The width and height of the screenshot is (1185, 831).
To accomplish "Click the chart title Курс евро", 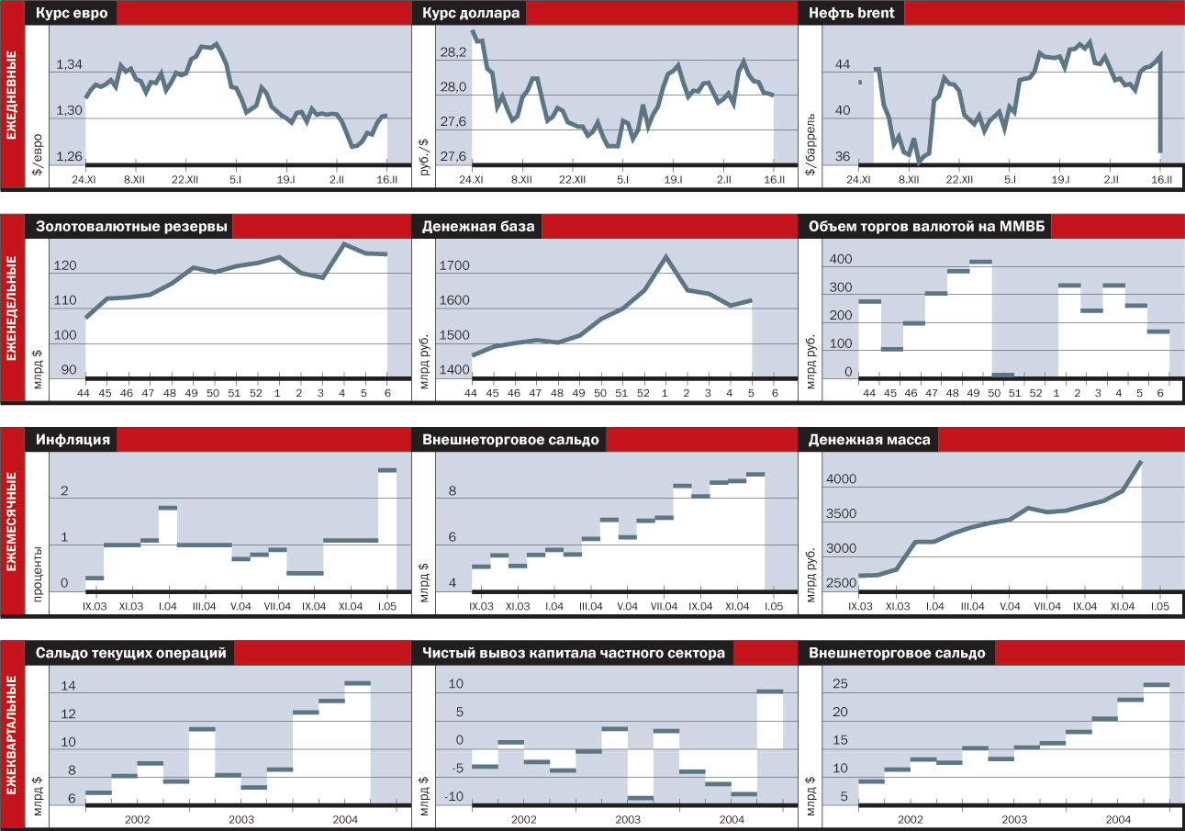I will click(72, 14).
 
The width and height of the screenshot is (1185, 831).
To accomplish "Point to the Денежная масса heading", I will click(868, 440).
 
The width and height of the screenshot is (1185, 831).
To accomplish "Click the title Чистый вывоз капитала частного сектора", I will click(573, 653).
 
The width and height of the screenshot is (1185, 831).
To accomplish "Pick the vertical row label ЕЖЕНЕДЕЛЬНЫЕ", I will click(12, 308).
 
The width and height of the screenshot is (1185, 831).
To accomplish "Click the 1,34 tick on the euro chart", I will click(70, 64).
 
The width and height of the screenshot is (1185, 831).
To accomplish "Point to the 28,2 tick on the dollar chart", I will click(453, 53).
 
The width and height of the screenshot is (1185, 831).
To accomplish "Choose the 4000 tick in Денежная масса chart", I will click(842, 479).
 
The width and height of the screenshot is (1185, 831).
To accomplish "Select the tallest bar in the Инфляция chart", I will click(387, 470).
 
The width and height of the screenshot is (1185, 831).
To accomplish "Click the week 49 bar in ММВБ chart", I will click(980, 262).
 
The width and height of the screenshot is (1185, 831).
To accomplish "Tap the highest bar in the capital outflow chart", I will click(769, 691).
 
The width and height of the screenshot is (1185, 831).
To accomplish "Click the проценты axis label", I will click(38, 568).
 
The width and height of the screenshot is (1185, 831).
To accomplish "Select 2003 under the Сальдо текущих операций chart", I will click(241, 818).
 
